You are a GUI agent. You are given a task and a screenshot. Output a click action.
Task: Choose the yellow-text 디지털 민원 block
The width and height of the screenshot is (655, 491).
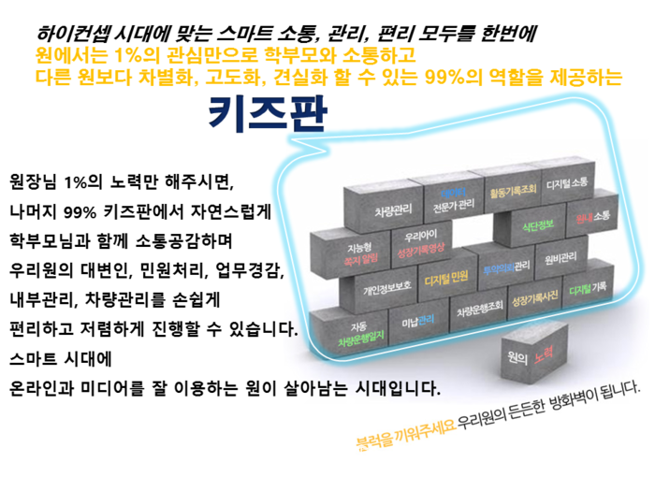pos(446,279)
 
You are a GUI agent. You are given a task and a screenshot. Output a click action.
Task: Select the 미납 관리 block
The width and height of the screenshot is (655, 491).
pos(417,323)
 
